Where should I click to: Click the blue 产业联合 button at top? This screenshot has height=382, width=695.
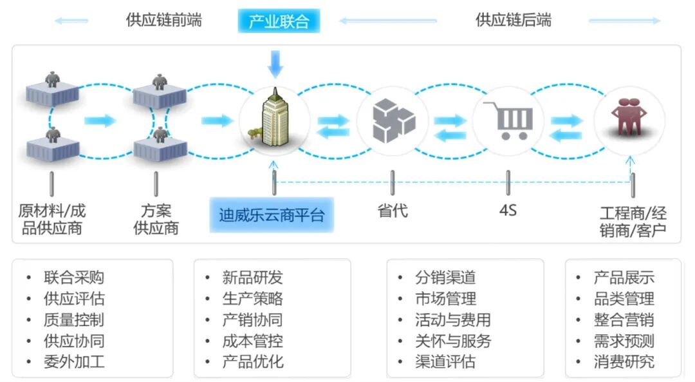(279, 21)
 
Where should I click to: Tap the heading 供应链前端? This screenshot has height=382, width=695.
(163, 20)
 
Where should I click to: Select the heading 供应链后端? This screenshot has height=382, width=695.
(513, 20)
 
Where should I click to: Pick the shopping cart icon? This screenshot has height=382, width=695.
(508, 120)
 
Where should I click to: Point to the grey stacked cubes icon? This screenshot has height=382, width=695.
(393, 120)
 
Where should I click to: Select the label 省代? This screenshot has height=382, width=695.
(392, 211)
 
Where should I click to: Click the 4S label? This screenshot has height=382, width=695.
(508, 211)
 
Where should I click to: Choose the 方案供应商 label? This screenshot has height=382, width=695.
(156, 219)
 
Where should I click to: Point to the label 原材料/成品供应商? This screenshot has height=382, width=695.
(51, 219)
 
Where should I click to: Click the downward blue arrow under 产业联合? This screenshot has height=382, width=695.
(275, 63)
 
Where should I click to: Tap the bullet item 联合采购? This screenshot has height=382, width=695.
(73, 278)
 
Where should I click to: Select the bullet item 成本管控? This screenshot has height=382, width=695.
(252, 341)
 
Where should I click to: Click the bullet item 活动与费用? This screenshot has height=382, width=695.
(452, 320)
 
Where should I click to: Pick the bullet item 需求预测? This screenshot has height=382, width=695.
(624, 341)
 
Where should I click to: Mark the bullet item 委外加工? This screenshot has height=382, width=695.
(73, 361)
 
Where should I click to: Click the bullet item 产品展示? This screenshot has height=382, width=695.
(624, 278)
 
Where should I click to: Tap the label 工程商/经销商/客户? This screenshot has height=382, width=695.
(633, 222)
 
